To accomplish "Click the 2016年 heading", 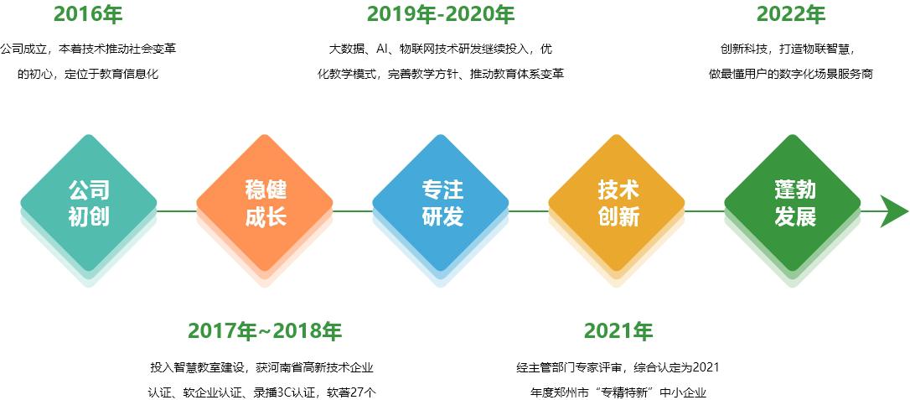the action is (88, 14).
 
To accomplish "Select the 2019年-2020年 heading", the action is (441, 14).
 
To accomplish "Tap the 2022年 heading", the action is (791, 14).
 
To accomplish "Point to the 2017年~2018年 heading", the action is (265, 331).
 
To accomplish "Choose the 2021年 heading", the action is (618, 331).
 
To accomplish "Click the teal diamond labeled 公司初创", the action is (89, 203).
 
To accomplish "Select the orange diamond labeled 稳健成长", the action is (265, 203).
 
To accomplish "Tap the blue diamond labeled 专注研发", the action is (441, 203).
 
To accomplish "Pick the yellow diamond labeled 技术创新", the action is (617, 203).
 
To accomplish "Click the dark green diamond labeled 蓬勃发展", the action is (793, 203).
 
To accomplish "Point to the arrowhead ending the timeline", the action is (894, 211).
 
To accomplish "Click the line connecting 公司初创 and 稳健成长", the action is (177, 211).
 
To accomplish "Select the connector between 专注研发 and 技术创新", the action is (529, 211).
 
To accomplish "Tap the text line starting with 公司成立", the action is (88, 49).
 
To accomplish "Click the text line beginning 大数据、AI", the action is (441, 49).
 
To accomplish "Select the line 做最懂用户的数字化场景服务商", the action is (791, 75).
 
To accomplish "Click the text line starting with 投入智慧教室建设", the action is (261, 367).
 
